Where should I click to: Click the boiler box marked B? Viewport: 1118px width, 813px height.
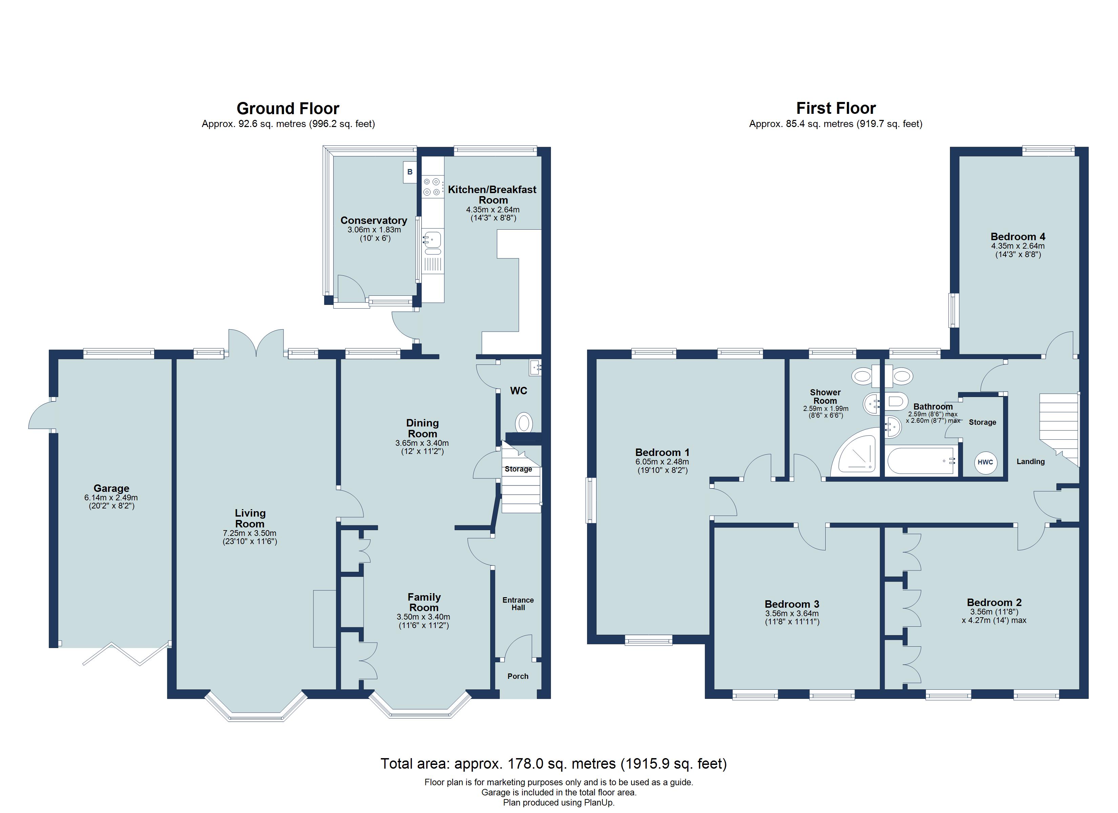pyautogui.click(x=410, y=172)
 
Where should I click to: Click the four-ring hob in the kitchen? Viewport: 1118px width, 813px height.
pyautogui.click(x=431, y=187)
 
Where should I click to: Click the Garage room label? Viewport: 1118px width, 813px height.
pyautogui.click(x=111, y=488)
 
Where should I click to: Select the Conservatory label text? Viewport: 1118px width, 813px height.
pyautogui.click(x=374, y=221)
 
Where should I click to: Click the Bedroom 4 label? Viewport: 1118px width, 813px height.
pyautogui.click(x=1017, y=237)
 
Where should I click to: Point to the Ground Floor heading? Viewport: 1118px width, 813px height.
pyautogui.click(x=288, y=108)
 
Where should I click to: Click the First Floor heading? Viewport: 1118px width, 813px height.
pyautogui.click(x=836, y=108)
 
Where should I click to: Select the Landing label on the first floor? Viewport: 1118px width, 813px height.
pyautogui.click(x=1030, y=461)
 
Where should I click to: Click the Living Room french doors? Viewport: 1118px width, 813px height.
pyautogui.click(x=256, y=343)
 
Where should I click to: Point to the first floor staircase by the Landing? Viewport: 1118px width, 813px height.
pyautogui.click(x=1059, y=427)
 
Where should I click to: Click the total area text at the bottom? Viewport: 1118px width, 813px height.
pyautogui.click(x=553, y=764)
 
